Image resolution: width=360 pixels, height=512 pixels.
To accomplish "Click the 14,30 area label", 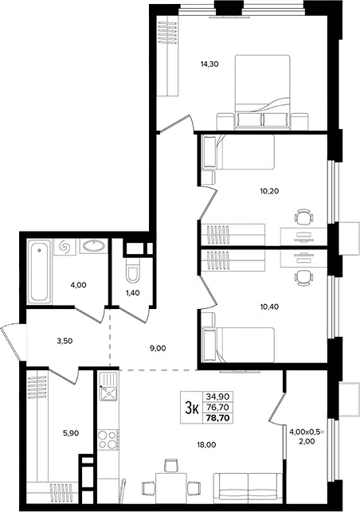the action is [209, 64].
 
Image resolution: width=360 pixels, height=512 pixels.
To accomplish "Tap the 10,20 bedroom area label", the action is [269, 191].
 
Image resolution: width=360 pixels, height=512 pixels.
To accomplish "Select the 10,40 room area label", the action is [269, 307].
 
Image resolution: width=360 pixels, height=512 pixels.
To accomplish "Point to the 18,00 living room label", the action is [206, 444].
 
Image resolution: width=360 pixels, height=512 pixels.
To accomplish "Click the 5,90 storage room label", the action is [71, 433].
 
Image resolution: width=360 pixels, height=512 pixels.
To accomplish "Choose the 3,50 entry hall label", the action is [65, 342].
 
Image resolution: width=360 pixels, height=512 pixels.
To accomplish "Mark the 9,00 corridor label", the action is [158, 349].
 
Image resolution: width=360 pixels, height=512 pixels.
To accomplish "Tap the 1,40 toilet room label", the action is [133, 293].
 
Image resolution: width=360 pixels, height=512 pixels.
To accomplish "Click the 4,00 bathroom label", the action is [78, 285].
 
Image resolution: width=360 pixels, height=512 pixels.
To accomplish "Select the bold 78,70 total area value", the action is [218, 417].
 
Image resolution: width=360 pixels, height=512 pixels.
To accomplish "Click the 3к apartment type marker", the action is [192, 408].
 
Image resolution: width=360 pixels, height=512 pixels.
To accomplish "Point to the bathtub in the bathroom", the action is [40, 271].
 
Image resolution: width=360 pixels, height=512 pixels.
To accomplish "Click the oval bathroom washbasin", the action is [94, 246].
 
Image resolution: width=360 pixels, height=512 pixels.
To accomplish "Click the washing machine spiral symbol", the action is [65, 247].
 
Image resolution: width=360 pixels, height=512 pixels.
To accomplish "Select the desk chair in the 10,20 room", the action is [304, 216].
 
